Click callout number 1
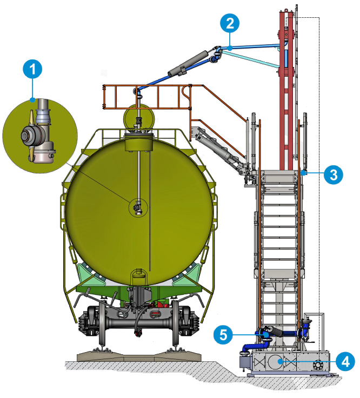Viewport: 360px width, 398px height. click(32, 69)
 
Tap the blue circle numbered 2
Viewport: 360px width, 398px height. click(230, 23)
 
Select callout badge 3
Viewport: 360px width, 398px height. click(334, 174)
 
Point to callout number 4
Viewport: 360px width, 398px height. click(345, 361)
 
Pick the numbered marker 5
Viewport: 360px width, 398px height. click(223, 335)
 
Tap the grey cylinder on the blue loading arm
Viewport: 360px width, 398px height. click(188, 63)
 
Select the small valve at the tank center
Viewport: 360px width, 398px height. click(138, 207)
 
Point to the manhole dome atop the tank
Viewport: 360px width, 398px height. click(139, 117)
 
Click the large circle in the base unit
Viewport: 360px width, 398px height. click(276, 361)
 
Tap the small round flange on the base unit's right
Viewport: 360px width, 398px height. click(317, 365)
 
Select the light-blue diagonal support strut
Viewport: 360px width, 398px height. click(251, 59)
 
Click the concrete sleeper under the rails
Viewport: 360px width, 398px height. click(139, 356)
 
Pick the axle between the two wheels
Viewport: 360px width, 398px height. click(139, 323)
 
